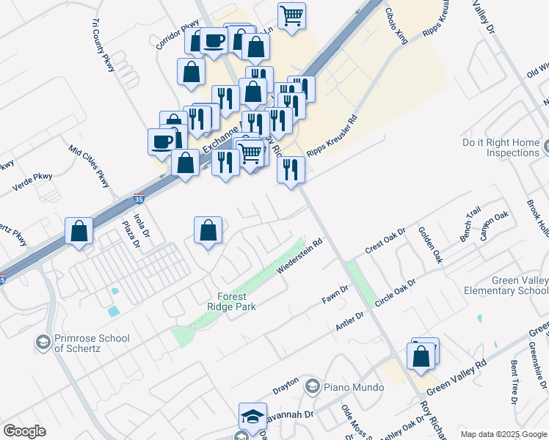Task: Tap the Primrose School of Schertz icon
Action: click(43, 342)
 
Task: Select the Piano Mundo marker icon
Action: click(313, 386)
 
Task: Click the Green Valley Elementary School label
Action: click(506, 285)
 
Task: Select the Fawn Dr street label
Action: click(335, 296)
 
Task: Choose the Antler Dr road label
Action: click(350, 320)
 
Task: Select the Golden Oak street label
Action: click(430, 245)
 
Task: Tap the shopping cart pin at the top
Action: click(292, 15)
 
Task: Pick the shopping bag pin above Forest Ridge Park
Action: click(208, 230)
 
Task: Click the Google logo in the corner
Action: click(24, 431)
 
